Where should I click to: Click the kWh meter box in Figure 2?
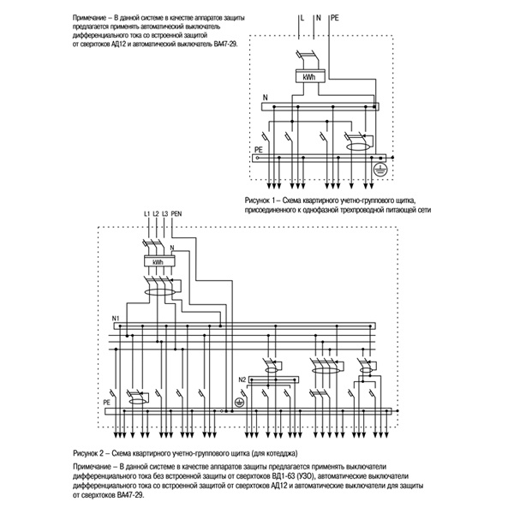157,262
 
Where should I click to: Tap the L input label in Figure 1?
302,17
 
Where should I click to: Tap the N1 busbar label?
116,319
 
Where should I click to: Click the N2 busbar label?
242,379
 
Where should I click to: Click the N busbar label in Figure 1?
265,100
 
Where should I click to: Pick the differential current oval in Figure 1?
353,147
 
